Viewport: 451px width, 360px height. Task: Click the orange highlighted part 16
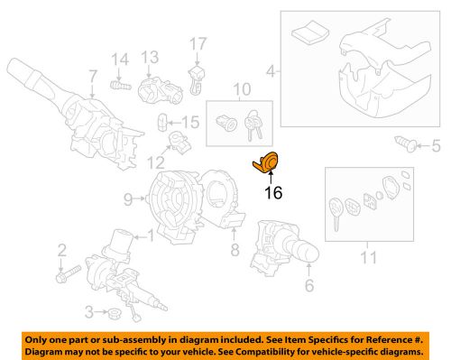[x=266, y=162]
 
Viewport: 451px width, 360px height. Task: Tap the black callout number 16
[x=273, y=193]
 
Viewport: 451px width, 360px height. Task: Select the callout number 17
[x=198, y=44]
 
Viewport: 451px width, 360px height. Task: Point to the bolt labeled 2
[x=69, y=273]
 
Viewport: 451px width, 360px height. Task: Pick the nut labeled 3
[x=115, y=314]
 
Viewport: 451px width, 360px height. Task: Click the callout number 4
[x=271, y=71]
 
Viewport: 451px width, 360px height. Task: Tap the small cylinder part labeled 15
[x=162, y=123]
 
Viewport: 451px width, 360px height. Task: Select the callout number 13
[x=150, y=57]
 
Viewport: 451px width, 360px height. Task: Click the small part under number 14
[x=121, y=86]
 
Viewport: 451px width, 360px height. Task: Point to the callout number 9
[x=128, y=199]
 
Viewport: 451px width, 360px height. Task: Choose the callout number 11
[x=368, y=257]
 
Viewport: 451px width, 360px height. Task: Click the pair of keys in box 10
[x=253, y=125]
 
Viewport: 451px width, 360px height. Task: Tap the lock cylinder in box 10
[x=226, y=123]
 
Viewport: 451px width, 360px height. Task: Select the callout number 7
[x=93, y=77]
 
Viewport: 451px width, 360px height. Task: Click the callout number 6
[x=309, y=284]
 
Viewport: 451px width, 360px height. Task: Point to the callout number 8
[x=235, y=249]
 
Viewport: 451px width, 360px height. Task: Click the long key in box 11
[x=336, y=213]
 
